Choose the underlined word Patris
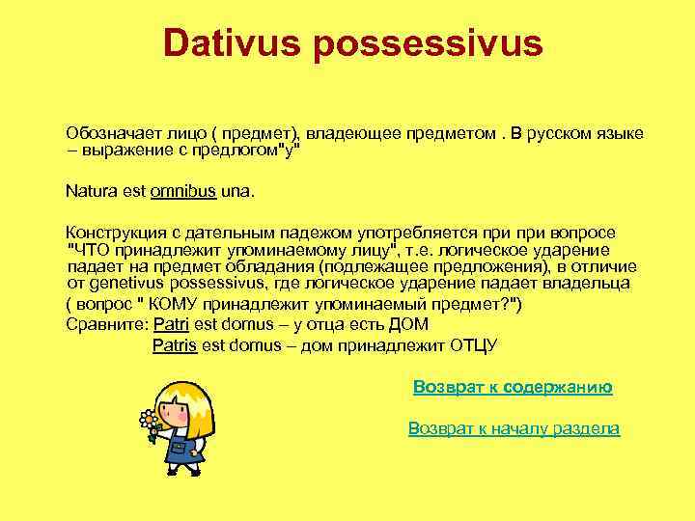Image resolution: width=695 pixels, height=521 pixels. (x=175, y=345)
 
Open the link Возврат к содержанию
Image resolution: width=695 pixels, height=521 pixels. (x=513, y=387)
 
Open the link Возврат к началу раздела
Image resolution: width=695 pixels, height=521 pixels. (x=514, y=428)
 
